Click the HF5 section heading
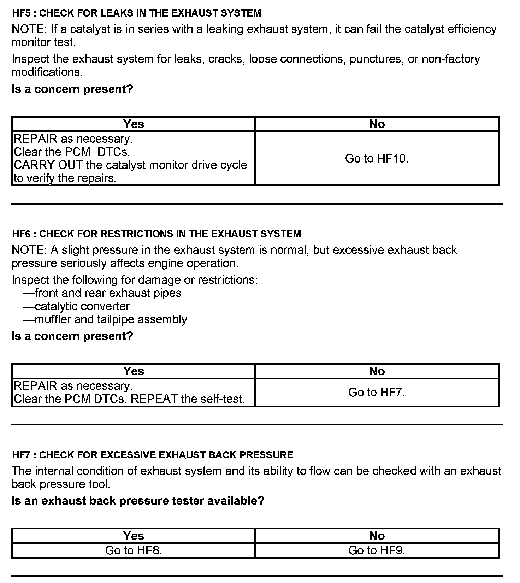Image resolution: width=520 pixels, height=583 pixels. click(x=136, y=13)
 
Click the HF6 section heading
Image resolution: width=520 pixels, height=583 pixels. click(x=156, y=234)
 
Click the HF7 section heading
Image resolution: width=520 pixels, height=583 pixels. click(x=152, y=455)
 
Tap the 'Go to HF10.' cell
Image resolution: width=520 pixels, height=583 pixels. click(x=377, y=159)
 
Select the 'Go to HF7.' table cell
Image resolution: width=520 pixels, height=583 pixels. click(x=377, y=393)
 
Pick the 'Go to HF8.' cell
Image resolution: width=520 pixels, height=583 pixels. click(x=134, y=550)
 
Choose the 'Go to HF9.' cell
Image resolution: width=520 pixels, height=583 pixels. click(x=377, y=550)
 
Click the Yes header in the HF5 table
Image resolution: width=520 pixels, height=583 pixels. click(x=134, y=124)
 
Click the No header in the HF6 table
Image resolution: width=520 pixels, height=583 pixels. click(x=377, y=371)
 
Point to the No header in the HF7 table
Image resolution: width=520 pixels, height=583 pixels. click(x=377, y=536)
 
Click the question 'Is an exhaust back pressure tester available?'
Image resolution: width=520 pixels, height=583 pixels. click(x=138, y=501)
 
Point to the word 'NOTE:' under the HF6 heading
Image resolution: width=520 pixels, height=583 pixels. click(x=29, y=250)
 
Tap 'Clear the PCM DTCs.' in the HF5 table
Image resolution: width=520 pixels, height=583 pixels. click(x=72, y=152)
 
